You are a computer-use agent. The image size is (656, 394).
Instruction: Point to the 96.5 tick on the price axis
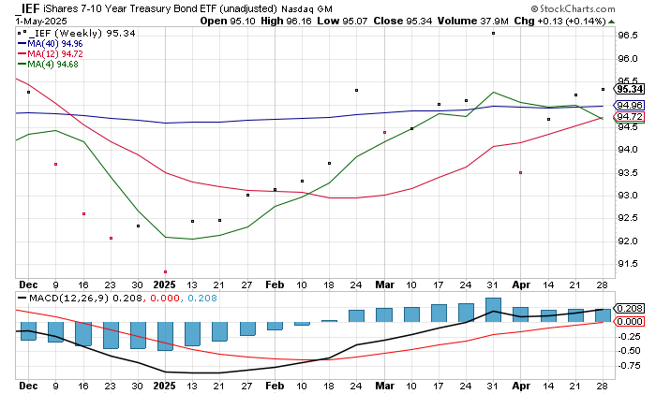[627, 36]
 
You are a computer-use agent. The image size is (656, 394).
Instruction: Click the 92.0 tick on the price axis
[627, 241]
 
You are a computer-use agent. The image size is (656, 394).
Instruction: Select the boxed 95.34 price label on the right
[627, 90]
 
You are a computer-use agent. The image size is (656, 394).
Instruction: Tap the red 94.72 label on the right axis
[627, 117]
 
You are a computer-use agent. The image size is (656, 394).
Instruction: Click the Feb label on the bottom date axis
[274, 387]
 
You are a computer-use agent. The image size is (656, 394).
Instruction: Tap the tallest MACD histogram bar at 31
[493, 310]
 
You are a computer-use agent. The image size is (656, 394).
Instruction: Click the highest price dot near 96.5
[493, 33]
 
